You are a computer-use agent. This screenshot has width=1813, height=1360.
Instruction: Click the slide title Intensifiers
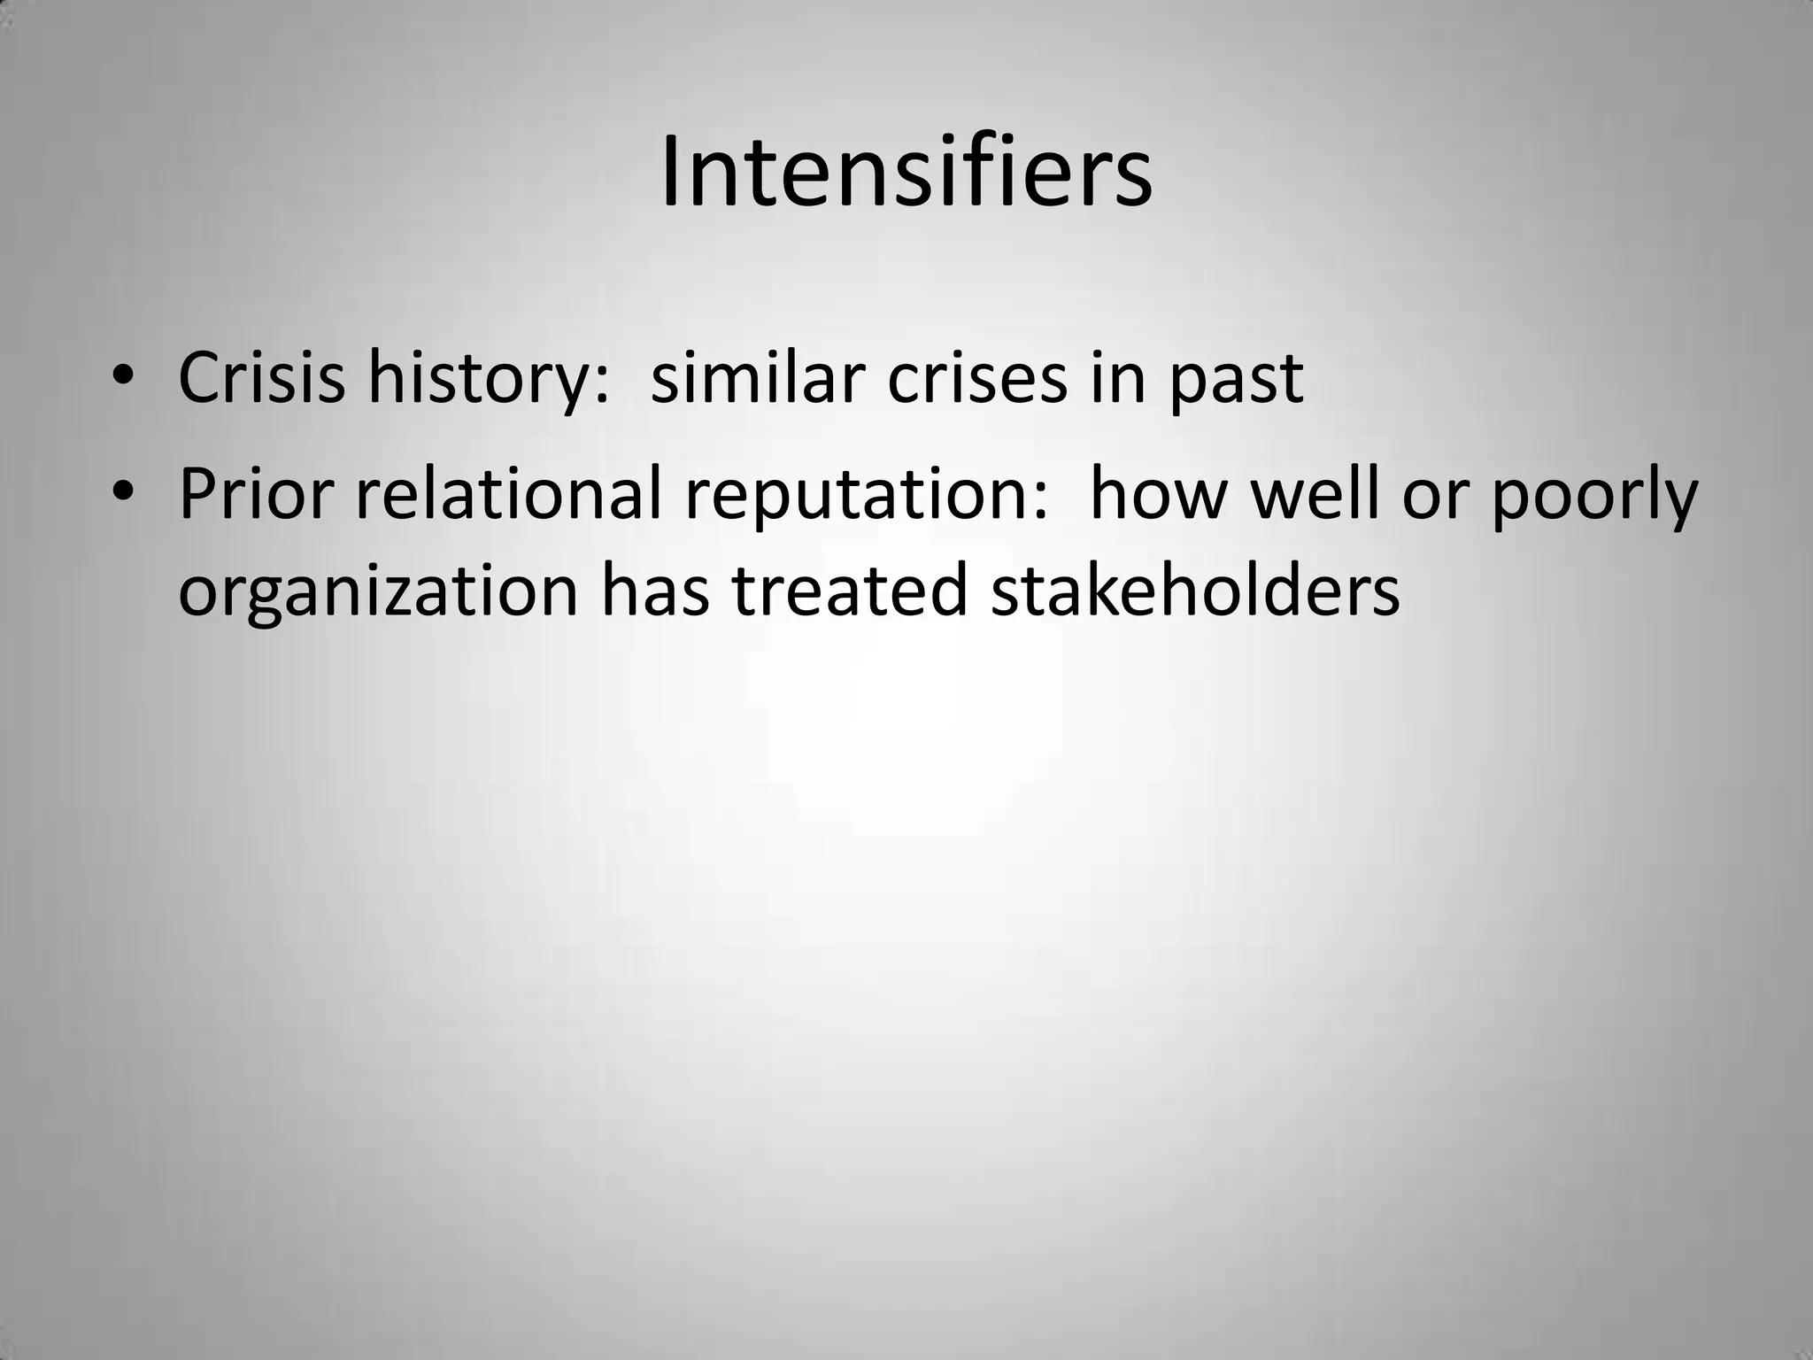906,173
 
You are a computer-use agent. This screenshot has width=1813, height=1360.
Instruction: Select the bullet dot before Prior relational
123,491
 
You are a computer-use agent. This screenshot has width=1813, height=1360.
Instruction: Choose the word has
655,591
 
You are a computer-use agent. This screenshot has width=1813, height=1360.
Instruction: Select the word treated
849,591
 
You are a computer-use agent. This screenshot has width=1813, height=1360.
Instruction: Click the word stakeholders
1195,591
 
